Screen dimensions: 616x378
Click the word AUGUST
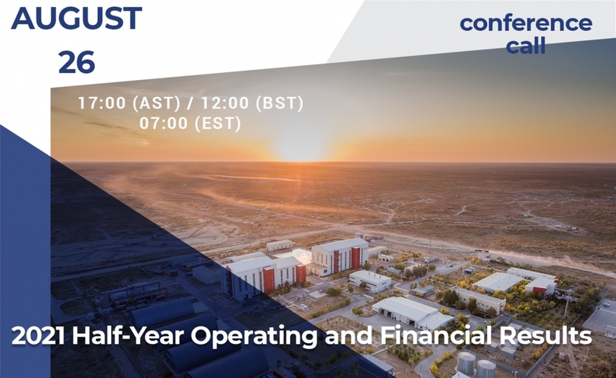[x=77, y=18]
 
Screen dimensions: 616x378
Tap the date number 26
[x=77, y=62]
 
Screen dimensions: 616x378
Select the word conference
[x=526, y=23]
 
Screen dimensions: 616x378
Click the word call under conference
[x=526, y=45]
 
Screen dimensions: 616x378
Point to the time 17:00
[x=102, y=103]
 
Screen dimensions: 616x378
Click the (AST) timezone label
[x=157, y=103]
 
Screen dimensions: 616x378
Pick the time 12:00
[x=225, y=103]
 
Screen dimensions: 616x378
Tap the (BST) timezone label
[x=279, y=103]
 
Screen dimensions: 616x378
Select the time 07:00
[x=164, y=123]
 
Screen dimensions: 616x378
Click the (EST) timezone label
[x=218, y=123]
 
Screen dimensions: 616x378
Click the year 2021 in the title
[x=38, y=336]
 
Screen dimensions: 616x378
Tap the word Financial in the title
[x=436, y=336]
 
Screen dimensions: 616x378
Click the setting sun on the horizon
[x=300, y=151]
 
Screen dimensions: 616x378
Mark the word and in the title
[x=348, y=336]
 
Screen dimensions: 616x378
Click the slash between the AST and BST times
[x=191, y=103]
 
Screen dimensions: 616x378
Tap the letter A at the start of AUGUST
[x=22, y=19]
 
